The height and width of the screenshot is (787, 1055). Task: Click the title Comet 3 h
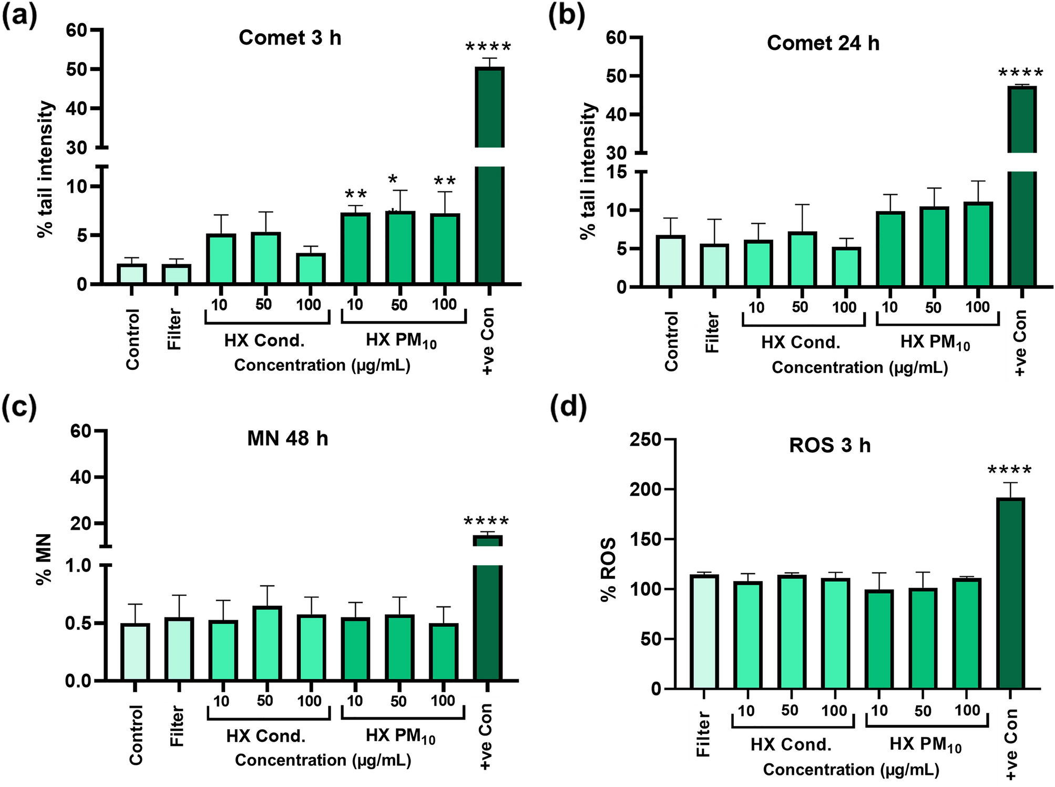[290, 38]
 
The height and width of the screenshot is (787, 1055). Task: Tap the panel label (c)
[19, 407]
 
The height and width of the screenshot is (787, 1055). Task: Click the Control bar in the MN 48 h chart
[135, 651]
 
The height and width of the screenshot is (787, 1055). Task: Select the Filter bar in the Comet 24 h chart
[714, 265]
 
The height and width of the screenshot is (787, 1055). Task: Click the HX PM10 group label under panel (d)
[925, 745]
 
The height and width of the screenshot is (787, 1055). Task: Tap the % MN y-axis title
[44, 558]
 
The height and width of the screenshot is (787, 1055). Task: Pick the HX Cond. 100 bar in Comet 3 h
[311, 268]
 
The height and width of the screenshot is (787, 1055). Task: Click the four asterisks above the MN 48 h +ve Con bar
[486, 522]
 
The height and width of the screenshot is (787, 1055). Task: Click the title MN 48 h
[288, 438]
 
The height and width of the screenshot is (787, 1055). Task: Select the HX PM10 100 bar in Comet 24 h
[978, 244]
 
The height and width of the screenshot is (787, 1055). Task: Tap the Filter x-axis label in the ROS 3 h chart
[703, 734]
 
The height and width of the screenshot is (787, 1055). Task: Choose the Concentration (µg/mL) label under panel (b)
[859, 367]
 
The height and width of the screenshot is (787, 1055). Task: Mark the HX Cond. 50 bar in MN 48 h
[268, 643]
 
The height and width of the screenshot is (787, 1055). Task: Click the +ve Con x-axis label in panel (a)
[487, 341]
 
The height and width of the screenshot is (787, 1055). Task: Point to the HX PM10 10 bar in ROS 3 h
[879, 639]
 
